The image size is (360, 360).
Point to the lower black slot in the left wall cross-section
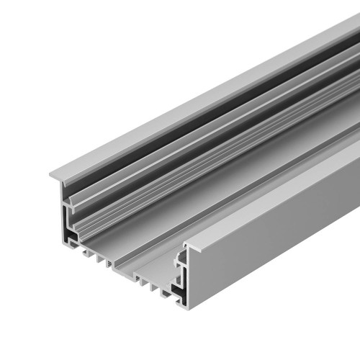pyautogui.click(x=73, y=234)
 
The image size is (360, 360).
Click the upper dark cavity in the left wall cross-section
pyautogui.click(x=71, y=209)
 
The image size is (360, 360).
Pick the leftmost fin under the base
pyautogui.click(x=89, y=251)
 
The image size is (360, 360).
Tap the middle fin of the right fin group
pyautogui.click(x=152, y=285)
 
